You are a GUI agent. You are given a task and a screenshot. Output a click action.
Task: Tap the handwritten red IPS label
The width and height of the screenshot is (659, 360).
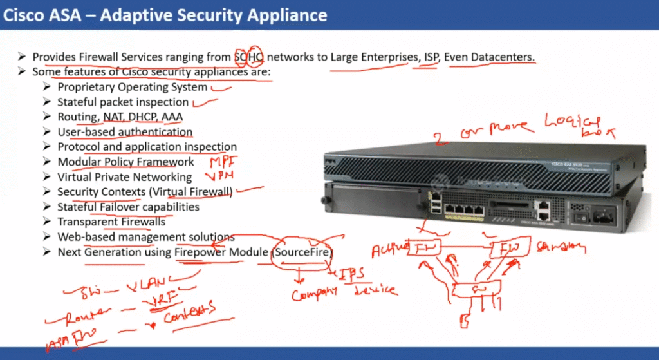351,274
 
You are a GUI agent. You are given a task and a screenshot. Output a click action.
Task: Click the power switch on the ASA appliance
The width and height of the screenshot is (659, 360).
582,218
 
